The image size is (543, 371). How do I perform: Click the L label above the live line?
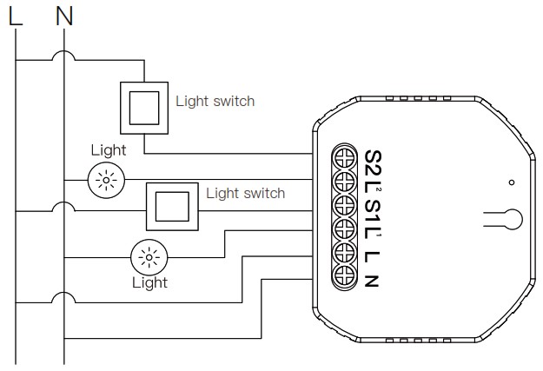(16, 17)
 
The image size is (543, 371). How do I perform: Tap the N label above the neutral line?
(64, 17)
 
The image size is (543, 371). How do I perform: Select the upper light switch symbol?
(144, 108)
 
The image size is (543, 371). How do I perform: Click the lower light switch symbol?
(172, 207)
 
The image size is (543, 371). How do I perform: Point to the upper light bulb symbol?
(106, 180)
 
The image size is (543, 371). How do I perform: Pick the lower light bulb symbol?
(149, 258)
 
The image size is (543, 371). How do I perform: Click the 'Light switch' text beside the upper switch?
(215, 101)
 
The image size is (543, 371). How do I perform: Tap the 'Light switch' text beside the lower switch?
(246, 193)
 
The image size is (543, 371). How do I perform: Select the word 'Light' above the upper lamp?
(109, 150)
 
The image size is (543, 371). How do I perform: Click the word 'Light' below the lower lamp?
(150, 282)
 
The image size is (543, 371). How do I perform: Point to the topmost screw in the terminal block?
(344, 157)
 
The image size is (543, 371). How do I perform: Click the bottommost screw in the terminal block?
(344, 275)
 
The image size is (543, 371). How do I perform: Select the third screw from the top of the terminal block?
(344, 205)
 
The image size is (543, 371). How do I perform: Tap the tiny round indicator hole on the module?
(512, 182)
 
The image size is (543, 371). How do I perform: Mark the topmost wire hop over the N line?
(63, 56)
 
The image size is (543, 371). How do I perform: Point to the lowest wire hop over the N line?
(63, 297)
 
